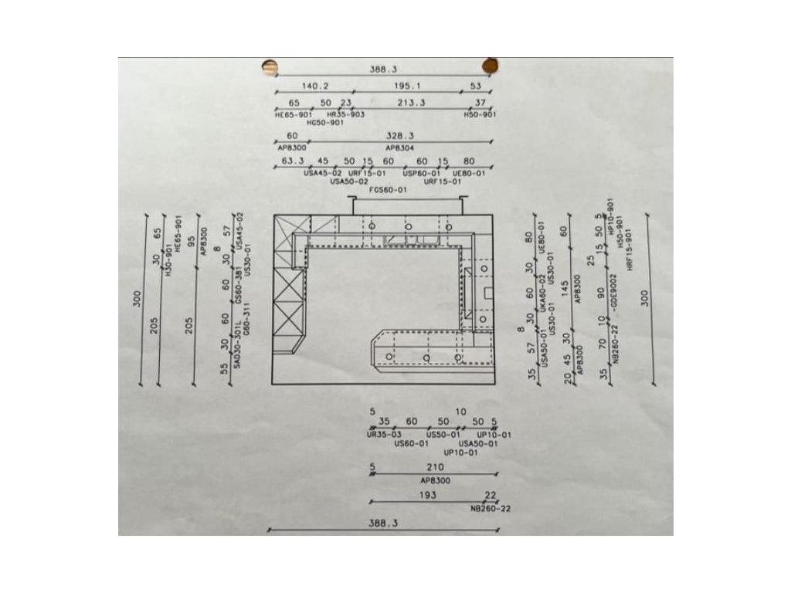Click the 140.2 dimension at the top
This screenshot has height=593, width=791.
(314, 86)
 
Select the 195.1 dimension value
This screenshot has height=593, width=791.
(406, 86)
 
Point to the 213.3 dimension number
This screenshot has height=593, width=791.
(411, 103)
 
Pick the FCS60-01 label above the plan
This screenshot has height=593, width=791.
(388, 189)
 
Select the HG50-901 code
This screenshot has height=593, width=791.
(324, 122)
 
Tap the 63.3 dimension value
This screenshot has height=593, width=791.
(292, 161)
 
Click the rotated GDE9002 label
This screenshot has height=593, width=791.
(613, 291)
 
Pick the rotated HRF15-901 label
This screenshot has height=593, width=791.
(630, 248)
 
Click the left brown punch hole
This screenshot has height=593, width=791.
(270, 67)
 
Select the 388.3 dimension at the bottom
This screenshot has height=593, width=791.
(382, 523)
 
